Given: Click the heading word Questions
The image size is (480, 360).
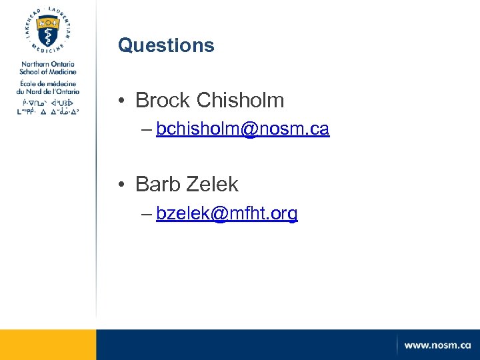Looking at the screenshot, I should click(166, 45).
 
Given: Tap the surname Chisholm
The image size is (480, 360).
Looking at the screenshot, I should click(241, 101).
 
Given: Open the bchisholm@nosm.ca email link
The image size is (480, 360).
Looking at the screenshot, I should click(243, 129).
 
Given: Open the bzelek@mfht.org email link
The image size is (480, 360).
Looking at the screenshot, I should click(227, 213).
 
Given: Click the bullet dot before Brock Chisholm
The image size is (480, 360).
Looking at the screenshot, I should click(124, 101).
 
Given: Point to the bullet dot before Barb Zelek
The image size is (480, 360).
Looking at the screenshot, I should click(124, 184).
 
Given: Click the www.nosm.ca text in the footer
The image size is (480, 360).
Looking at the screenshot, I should click(437, 345).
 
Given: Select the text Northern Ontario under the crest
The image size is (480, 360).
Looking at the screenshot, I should click(47, 64).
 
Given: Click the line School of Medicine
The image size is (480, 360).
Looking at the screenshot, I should click(47, 72).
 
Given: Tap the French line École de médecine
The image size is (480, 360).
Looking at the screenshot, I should click(47, 83).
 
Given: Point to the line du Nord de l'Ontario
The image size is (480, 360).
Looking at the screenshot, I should click(47, 91).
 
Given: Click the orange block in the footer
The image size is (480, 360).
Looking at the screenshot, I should click(48, 345).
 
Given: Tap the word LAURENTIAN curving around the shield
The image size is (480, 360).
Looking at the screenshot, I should click(65, 20).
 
